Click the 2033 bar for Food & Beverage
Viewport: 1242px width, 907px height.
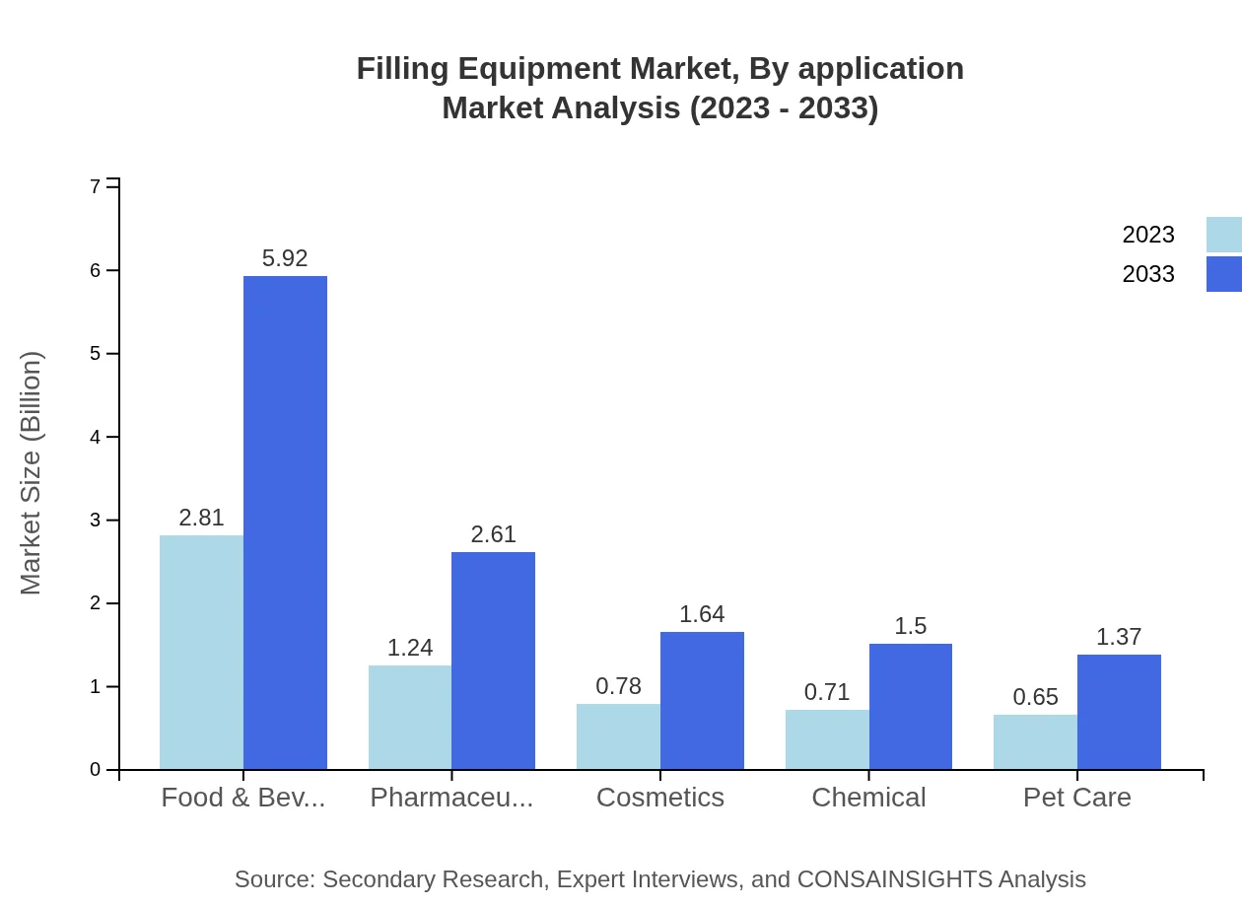(285, 523)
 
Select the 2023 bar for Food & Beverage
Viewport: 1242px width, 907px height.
(201, 652)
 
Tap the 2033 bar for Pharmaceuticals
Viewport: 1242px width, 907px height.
(493, 661)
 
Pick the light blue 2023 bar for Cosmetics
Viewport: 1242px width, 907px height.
(618, 736)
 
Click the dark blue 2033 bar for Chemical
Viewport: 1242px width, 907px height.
(911, 706)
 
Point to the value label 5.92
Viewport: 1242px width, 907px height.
(285, 258)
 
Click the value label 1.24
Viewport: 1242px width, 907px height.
(409, 648)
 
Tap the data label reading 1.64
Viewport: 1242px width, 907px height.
(702, 614)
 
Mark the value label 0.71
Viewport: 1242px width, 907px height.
(827, 692)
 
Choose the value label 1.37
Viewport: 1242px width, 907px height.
(1119, 637)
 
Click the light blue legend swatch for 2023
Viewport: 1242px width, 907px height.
(1223, 235)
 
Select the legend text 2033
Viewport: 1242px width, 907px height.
(1148, 274)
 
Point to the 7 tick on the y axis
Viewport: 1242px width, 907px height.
(96, 186)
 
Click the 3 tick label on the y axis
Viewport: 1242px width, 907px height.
(96, 520)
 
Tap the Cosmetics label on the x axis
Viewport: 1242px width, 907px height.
(660, 797)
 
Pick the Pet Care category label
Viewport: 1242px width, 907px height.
(1076, 797)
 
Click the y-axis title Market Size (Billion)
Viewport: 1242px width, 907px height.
(32, 473)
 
